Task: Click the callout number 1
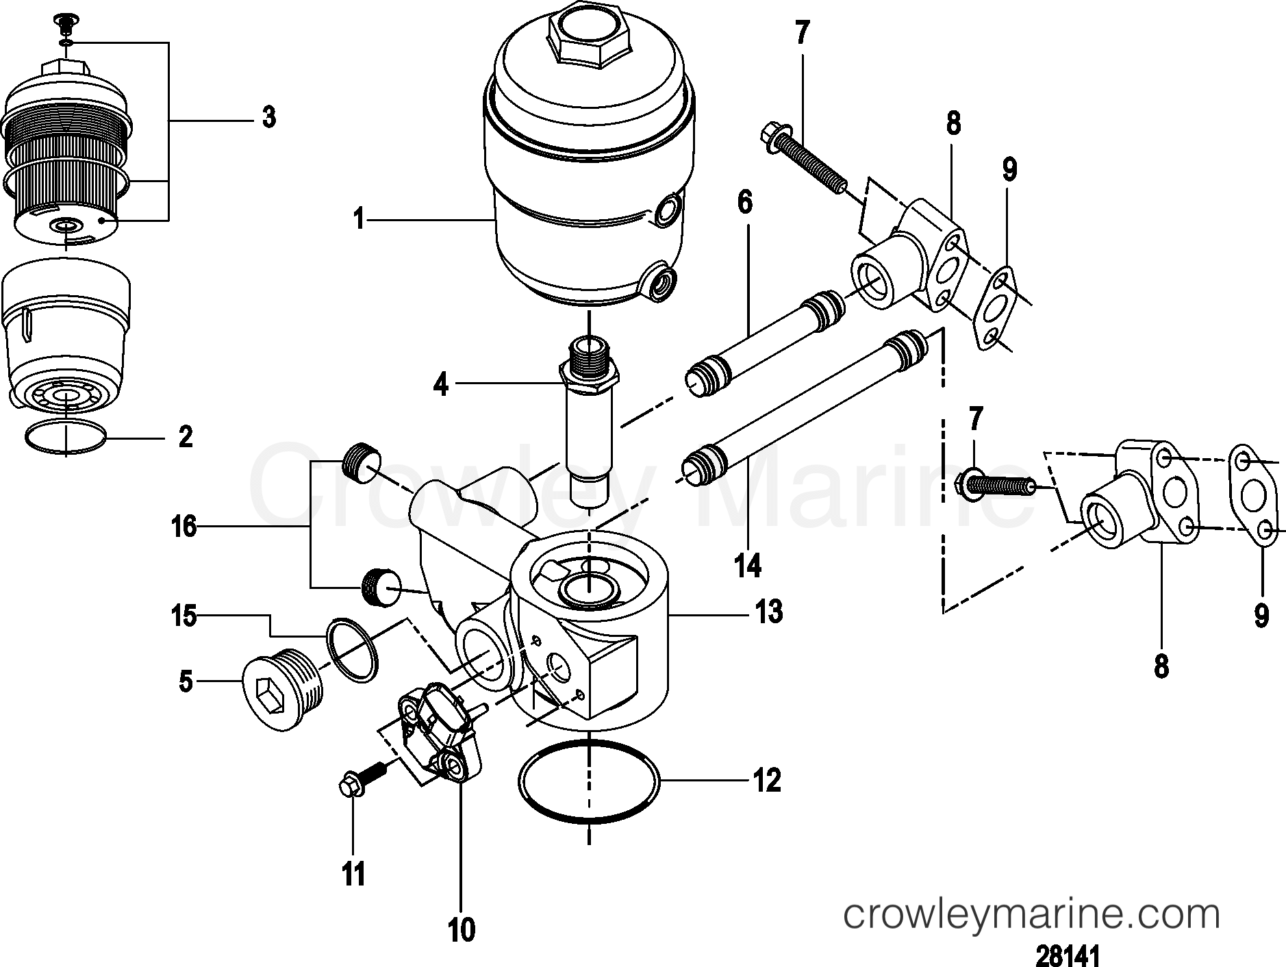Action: point(357,220)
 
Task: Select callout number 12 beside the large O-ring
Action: point(767,780)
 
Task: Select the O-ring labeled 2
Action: point(66,437)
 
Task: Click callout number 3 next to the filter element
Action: point(269,118)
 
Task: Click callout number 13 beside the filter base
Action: point(769,612)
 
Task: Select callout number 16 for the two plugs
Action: point(184,527)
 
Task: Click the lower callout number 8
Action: point(1161,665)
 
